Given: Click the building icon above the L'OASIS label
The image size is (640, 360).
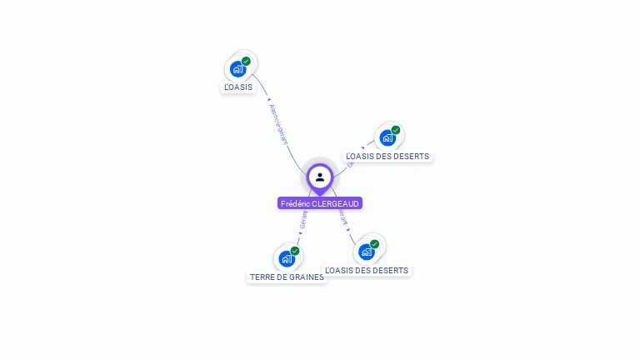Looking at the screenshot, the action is tap(238, 69).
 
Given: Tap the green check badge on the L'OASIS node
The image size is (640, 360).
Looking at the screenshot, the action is tap(246, 61).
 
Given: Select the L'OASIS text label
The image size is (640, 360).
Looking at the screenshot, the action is tap(238, 87).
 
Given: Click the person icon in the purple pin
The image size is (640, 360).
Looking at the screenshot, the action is tap(320, 177).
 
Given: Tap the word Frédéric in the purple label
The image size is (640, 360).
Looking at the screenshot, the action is tap(295, 203).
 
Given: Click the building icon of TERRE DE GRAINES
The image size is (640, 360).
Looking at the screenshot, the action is tap(287, 258).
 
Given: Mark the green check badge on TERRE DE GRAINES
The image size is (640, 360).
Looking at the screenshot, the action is tap(295, 251).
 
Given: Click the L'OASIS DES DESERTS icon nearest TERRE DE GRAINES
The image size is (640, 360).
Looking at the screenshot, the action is tap(367, 252).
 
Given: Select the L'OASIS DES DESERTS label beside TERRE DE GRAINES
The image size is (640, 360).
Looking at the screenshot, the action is tap(367, 270).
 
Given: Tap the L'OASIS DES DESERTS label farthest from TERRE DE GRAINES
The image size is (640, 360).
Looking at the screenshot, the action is tap(387, 156).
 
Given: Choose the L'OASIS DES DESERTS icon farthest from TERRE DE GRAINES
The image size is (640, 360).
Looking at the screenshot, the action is tap(387, 137).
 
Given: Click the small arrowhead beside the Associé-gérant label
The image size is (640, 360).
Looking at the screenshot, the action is tap(268, 101).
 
